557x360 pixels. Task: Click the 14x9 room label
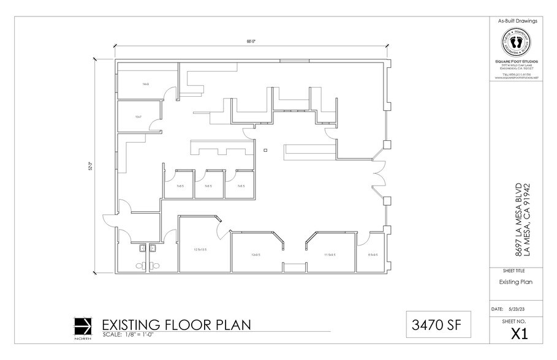point(146,84)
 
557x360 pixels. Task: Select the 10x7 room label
point(138,116)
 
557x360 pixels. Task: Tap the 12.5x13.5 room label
point(200,249)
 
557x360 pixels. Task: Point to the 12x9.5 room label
point(254,255)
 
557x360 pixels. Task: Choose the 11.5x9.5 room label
point(330,255)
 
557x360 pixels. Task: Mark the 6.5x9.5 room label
point(373,255)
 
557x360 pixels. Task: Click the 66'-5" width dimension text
point(251,42)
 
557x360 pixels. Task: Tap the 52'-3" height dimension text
point(91,165)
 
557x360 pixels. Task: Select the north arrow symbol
point(82,325)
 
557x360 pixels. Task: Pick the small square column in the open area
point(265,149)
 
